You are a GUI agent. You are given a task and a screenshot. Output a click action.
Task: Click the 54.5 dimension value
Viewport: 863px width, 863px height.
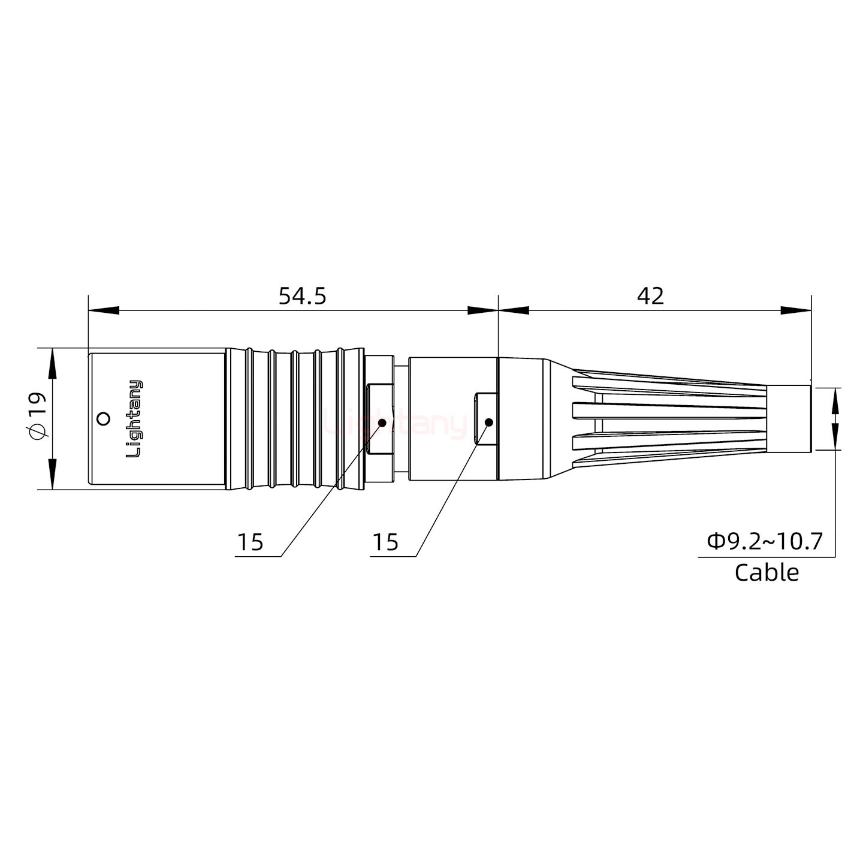click(302, 296)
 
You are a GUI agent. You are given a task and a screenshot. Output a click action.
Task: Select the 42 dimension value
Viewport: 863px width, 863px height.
click(650, 296)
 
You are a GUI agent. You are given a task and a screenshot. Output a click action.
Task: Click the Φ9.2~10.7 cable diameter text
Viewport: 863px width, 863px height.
click(765, 542)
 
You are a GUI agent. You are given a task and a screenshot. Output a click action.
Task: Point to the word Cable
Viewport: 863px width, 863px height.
click(767, 573)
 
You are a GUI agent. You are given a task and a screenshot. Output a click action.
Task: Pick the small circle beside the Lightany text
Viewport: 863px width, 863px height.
click(104, 418)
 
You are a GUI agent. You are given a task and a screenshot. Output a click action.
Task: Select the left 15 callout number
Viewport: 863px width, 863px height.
click(250, 542)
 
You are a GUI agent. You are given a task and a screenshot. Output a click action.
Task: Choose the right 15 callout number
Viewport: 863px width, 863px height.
click(385, 542)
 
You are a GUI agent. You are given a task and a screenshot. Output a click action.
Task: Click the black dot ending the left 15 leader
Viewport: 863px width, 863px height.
click(382, 423)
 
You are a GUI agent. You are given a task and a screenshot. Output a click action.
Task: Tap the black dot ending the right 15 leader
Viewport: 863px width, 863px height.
click(488, 423)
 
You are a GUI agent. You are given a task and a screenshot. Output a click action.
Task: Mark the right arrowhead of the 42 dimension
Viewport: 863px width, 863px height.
click(796, 310)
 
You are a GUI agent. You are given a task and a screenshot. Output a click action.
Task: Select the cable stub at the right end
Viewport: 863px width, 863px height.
click(789, 418)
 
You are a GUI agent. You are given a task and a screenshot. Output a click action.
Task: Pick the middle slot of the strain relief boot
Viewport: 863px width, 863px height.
click(668, 411)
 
